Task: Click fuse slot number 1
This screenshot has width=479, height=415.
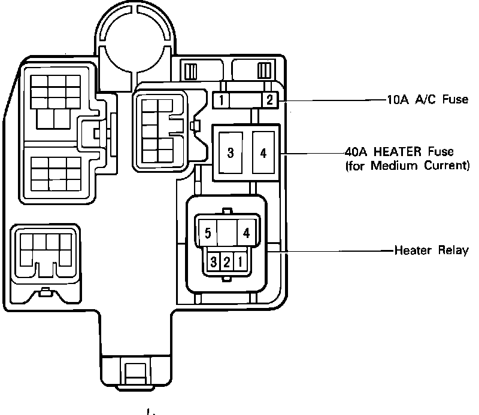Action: click(222, 100)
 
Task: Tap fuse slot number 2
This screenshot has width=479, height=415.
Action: click(269, 100)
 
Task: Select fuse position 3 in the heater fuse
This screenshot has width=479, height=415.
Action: click(231, 152)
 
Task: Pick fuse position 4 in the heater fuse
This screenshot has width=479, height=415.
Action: click(263, 152)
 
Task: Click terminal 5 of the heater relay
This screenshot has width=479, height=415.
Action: click(207, 233)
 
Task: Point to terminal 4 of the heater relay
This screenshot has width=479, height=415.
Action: click(245, 233)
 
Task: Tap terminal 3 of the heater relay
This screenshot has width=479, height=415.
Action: click(213, 261)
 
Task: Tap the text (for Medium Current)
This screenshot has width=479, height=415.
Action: click(407, 165)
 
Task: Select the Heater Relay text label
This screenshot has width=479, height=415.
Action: click(431, 250)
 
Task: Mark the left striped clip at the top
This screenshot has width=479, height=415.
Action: click(191, 71)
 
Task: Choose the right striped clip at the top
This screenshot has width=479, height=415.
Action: click(263, 71)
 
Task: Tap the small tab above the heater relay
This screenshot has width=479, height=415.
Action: click(226, 210)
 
